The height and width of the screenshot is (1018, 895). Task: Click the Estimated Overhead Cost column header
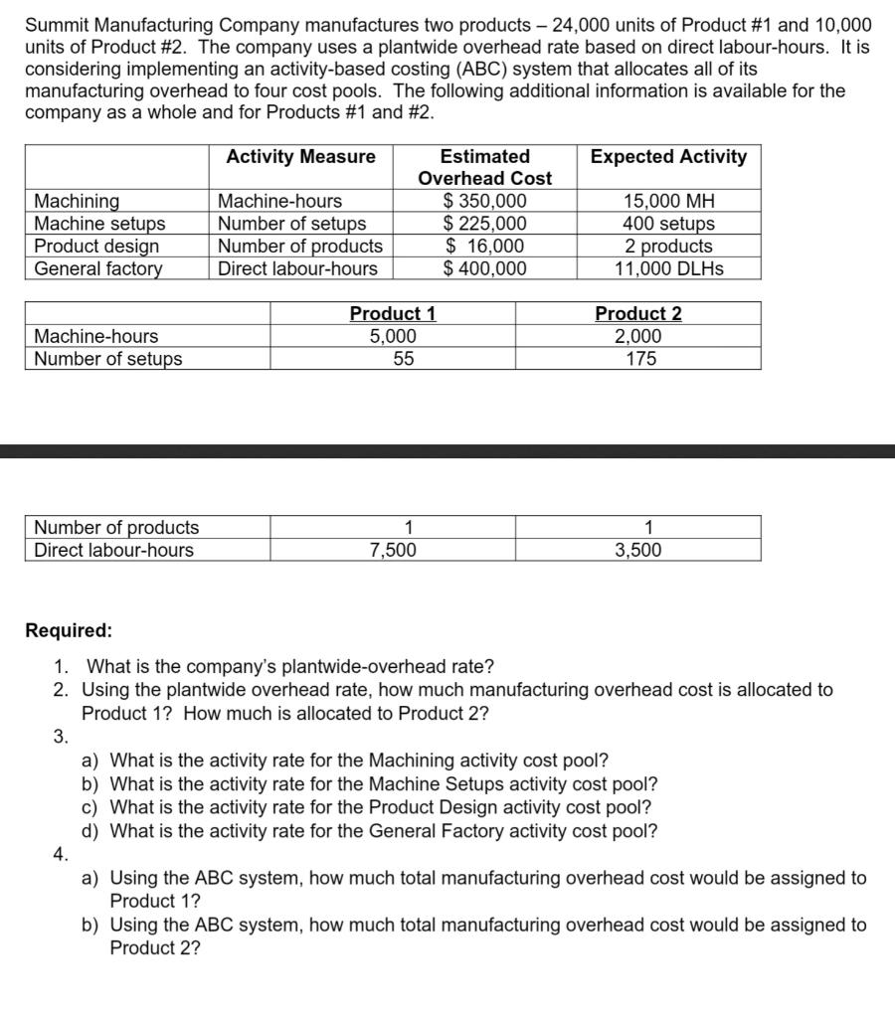pyautogui.click(x=485, y=167)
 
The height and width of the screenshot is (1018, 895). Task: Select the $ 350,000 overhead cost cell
pyautogui.click(x=485, y=202)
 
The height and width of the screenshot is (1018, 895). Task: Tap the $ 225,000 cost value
pyautogui.click(x=485, y=224)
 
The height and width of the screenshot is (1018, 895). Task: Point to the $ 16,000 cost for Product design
pyautogui.click(x=485, y=246)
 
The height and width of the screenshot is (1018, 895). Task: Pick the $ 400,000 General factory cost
pyautogui.click(x=485, y=267)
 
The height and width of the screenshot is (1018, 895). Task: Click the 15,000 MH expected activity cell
pyautogui.click(x=668, y=202)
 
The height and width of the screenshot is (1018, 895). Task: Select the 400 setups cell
pyautogui.click(x=668, y=224)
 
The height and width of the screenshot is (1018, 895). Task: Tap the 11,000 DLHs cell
pyautogui.click(x=668, y=267)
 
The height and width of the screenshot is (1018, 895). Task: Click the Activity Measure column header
pyautogui.click(x=301, y=157)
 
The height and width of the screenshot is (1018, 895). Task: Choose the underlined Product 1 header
pyautogui.click(x=393, y=314)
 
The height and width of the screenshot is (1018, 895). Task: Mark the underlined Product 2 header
pyautogui.click(x=638, y=314)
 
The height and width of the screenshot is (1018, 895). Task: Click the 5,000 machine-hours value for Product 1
pyautogui.click(x=393, y=336)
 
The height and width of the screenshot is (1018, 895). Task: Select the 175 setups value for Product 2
pyautogui.click(x=638, y=359)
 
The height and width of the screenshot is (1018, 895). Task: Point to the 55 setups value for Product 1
pyautogui.click(x=393, y=359)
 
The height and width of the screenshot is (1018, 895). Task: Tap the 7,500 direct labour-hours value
pyautogui.click(x=393, y=550)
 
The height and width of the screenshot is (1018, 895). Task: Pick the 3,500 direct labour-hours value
pyautogui.click(x=638, y=550)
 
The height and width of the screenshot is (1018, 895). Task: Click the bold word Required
pyautogui.click(x=69, y=630)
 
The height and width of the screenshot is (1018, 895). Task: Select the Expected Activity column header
pyautogui.click(x=668, y=157)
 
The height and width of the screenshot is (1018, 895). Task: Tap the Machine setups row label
pyautogui.click(x=99, y=224)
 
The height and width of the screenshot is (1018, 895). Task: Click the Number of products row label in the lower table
pyautogui.click(x=116, y=528)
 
